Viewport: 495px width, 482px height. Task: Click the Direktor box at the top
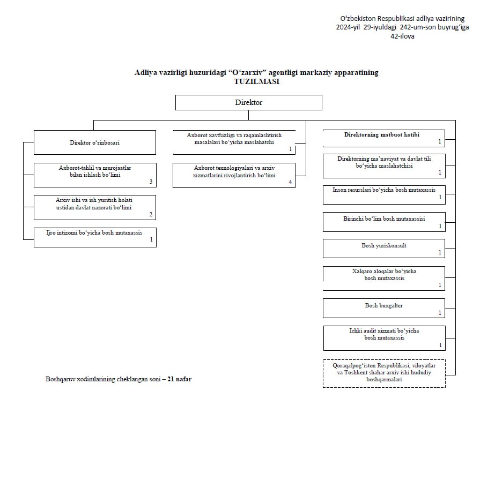(249, 102)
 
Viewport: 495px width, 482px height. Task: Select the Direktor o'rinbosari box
(95, 142)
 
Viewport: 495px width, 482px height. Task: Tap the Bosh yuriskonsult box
(384, 248)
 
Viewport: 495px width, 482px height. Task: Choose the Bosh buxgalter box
(384, 308)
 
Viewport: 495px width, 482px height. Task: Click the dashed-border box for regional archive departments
(384, 373)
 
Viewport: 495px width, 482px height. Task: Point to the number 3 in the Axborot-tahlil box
(151, 182)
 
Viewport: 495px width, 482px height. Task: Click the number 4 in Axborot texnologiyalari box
(290, 182)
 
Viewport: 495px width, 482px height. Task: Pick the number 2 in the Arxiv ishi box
(151, 214)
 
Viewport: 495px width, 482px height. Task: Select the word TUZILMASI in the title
(257, 81)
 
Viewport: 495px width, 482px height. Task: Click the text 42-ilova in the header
(403, 36)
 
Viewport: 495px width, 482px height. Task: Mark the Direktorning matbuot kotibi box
(384, 138)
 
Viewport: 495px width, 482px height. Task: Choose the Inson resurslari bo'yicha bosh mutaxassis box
(384, 195)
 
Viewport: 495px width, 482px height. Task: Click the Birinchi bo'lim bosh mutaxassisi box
(384, 222)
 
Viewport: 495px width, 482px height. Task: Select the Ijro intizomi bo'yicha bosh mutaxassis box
(95, 237)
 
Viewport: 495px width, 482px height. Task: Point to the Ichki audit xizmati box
(385, 338)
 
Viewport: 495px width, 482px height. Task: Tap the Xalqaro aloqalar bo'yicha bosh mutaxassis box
(384, 278)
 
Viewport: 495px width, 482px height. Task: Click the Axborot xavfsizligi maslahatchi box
(234, 142)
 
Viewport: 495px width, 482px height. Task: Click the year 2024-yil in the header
(348, 27)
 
